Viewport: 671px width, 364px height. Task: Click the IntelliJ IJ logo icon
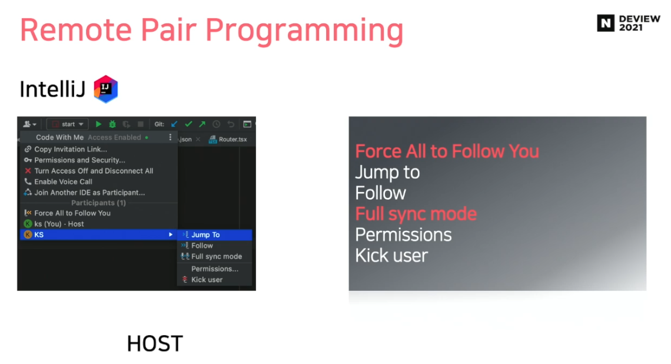pos(105,89)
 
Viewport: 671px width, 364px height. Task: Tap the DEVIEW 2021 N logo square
pos(606,23)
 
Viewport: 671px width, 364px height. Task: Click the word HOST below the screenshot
pos(155,343)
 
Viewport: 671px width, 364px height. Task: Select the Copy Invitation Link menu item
pos(71,149)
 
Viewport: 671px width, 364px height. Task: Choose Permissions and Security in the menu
pos(79,160)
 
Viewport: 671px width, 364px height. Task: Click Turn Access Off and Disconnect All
pos(94,170)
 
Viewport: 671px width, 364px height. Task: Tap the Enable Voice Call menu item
pos(63,181)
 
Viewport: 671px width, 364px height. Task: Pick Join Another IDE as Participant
pos(89,192)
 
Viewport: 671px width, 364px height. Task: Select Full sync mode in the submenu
pos(216,256)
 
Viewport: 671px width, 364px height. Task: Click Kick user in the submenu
pos(207,280)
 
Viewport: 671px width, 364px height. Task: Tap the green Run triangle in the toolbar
pos(98,124)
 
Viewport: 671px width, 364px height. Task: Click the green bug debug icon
pos(112,124)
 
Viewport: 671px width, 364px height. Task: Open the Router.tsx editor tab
pos(228,139)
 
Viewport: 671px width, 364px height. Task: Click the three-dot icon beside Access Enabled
pos(170,137)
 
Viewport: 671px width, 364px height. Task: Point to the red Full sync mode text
pos(416,214)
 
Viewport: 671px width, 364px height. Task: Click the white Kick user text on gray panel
pos(391,256)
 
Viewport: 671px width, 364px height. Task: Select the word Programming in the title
pos(304,31)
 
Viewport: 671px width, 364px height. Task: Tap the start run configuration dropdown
pos(68,124)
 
